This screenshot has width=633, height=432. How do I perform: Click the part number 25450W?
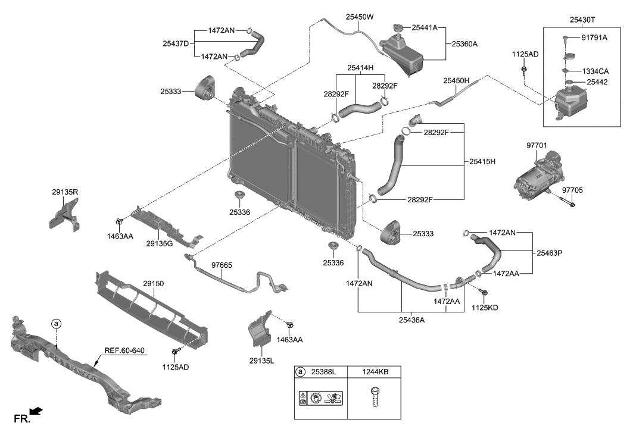click(x=360, y=17)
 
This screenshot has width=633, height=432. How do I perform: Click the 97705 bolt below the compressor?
click(x=567, y=203)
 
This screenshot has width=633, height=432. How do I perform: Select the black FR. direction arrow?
click(x=36, y=411)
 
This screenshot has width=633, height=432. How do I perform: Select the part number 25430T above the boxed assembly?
click(x=581, y=20)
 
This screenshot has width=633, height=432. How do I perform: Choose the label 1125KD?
click(x=485, y=308)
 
